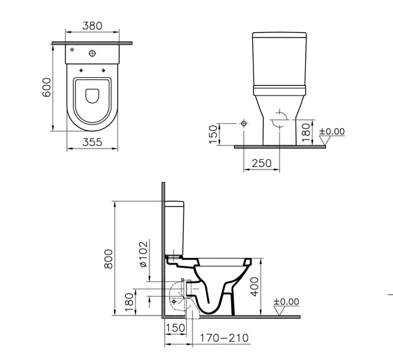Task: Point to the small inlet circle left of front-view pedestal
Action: [x=244, y=123]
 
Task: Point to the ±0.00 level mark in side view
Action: [x=285, y=302]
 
